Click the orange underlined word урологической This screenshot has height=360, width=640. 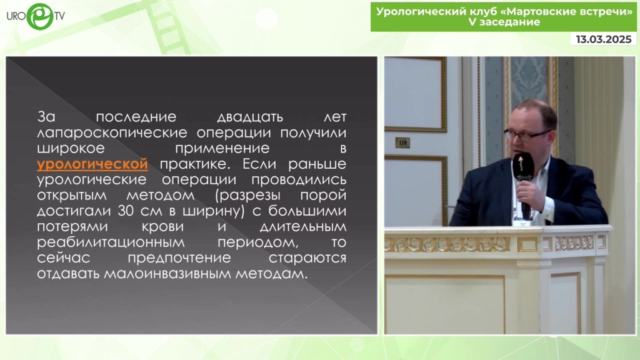tap(92, 164)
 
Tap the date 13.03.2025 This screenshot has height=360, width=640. tap(604, 39)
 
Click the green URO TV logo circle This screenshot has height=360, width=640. tap(39, 16)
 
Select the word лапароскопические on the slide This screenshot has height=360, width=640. tap(112, 132)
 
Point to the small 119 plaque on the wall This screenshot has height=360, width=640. tap(402, 142)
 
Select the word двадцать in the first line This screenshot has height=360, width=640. tap(250, 117)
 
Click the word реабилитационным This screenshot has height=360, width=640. tap(111, 242)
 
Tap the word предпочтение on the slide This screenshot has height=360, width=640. tap(179, 258)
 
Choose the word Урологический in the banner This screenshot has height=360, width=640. tap(421, 11)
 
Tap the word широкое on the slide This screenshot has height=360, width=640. tap(71, 149)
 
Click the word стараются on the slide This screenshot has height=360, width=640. tap(307, 258)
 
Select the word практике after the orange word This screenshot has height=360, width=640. tap(195, 164)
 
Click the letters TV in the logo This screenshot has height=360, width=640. tap(59, 16)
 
